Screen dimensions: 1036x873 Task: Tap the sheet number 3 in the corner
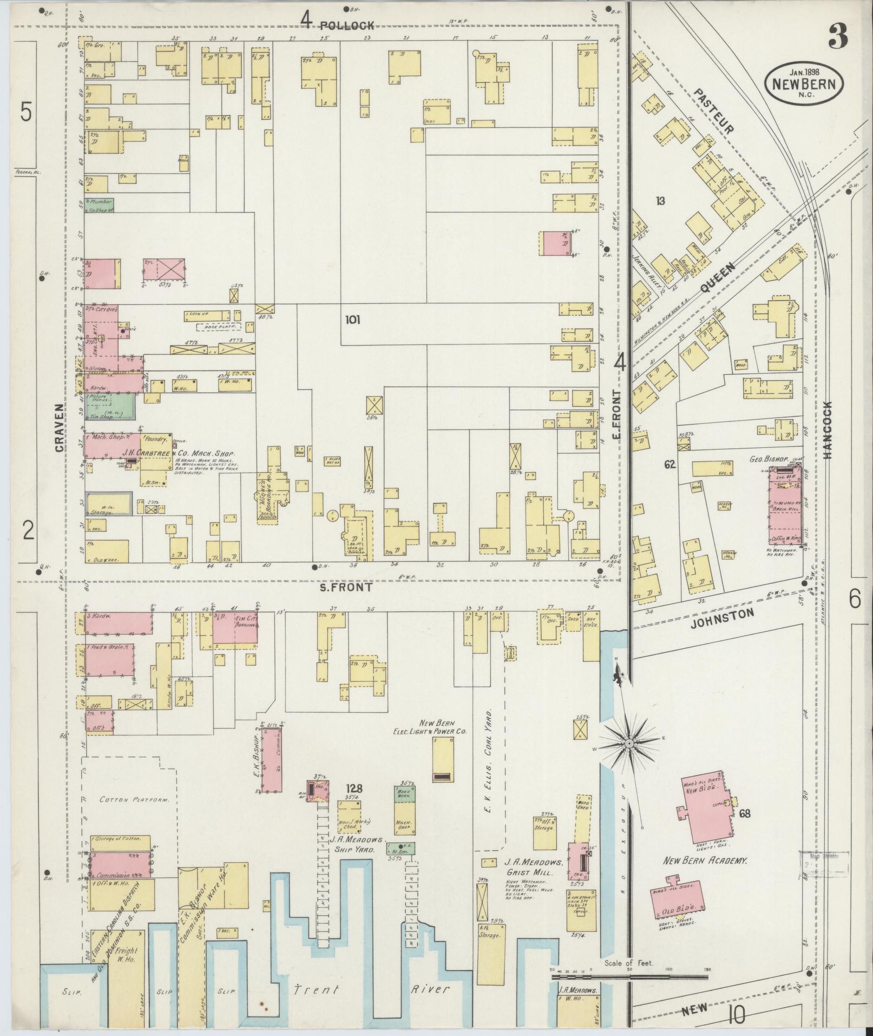837,37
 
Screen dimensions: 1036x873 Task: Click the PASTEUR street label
714,112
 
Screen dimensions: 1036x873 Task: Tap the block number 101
352,320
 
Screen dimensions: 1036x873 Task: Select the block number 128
355,788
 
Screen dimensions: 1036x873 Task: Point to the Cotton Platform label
126,799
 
